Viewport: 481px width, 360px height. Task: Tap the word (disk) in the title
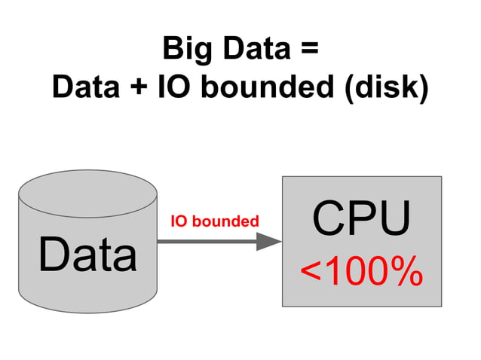click(384, 89)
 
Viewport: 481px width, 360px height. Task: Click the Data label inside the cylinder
click(88, 255)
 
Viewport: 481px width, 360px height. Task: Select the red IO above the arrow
click(179, 221)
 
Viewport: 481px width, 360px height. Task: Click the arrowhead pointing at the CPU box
click(268, 241)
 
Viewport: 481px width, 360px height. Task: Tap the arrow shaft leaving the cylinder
click(204, 241)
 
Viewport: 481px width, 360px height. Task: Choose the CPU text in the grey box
click(362, 218)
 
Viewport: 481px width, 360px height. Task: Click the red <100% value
click(362, 273)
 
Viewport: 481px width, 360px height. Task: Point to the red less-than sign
click(311, 273)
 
